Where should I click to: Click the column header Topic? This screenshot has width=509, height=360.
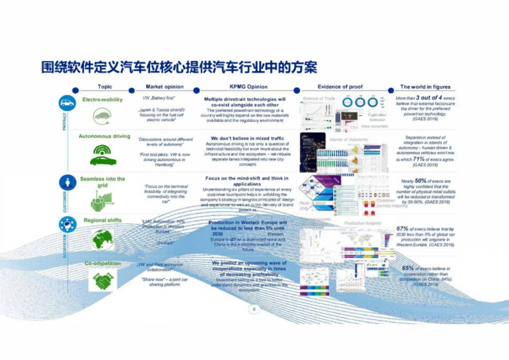pos(105,87)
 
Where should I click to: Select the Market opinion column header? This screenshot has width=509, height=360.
pos(165,87)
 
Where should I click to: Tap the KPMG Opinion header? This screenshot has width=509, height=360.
pos(249,87)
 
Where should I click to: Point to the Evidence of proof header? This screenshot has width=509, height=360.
pos(340,87)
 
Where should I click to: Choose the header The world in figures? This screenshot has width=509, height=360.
pos(425,87)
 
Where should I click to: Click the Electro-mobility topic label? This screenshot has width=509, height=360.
pos(102,100)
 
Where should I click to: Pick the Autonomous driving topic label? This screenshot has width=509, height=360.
pos(104,137)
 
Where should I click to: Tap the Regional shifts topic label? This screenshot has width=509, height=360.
pos(103,220)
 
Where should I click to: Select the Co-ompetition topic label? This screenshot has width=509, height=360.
pos(103,264)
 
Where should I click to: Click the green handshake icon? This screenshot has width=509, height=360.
pos(103,281)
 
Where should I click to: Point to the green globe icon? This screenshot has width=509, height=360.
pos(103,239)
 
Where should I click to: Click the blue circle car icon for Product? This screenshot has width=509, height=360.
pos(67,103)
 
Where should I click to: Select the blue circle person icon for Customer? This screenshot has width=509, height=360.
pos(67,183)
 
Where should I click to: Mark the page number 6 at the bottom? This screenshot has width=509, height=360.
pos(254,310)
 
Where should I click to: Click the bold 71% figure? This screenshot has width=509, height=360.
pos(418,159)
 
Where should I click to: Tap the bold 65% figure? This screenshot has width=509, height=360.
pos(408,268)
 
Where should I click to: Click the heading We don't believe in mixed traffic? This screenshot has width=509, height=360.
pos(247,139)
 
